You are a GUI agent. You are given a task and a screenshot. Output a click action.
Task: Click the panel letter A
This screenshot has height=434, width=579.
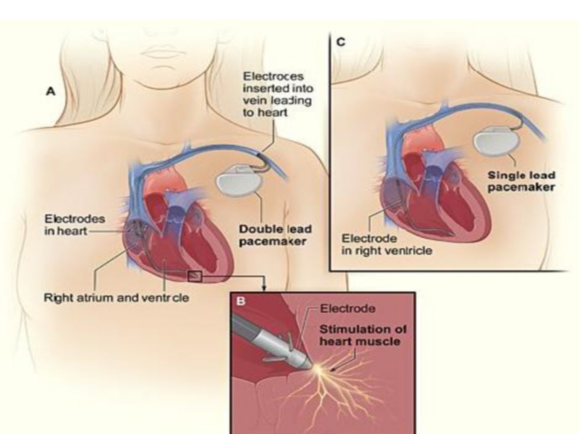[51, 92]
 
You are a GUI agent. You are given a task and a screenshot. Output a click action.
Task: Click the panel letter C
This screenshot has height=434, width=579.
[341, 42]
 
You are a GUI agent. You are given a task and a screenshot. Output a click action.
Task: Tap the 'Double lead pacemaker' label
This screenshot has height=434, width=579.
[275, 235]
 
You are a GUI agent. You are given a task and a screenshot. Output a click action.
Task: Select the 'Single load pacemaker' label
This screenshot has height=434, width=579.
[521, 181]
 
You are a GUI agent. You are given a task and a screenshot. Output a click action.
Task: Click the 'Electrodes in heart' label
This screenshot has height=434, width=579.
[75, 225]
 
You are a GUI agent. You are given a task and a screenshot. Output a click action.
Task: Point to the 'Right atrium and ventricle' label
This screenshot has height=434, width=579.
[116, 298]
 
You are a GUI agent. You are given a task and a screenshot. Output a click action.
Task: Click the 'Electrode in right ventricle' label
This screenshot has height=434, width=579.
[387, 245]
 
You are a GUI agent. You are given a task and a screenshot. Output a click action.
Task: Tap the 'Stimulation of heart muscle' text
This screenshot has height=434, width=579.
[363, 336]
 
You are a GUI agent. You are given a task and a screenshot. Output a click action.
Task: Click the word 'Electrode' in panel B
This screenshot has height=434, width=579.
[347, 309]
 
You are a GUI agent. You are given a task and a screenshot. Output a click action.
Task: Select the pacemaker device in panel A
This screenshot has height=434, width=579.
[239, 180]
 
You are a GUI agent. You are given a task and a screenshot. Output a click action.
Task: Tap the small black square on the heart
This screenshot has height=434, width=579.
[194, 276]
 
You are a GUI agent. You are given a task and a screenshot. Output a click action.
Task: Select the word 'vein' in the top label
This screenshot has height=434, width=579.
[253, 100]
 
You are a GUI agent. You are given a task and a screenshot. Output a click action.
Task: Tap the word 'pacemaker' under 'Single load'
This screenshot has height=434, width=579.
[521, 187]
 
